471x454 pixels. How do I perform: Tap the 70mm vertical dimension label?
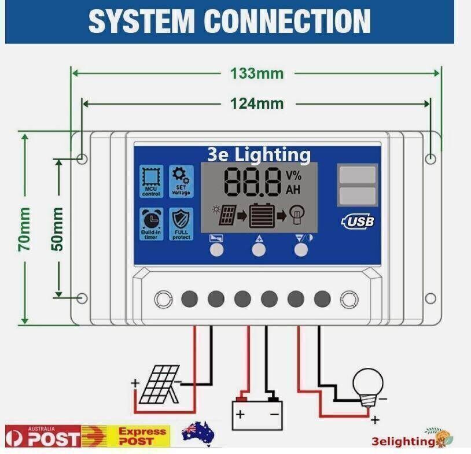(x=25, y=230)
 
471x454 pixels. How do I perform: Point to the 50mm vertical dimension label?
(x=58, y=229)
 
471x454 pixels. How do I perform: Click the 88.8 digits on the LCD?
(x=253, y=182)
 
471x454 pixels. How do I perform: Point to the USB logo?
(x=358, y=220)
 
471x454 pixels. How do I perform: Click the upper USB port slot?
(x=357, y=174)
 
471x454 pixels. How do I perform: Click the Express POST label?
(x=142, y=436)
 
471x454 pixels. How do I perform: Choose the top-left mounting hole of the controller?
(x=83, y=158)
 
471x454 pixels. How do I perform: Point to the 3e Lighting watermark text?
(x=259, y=154)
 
